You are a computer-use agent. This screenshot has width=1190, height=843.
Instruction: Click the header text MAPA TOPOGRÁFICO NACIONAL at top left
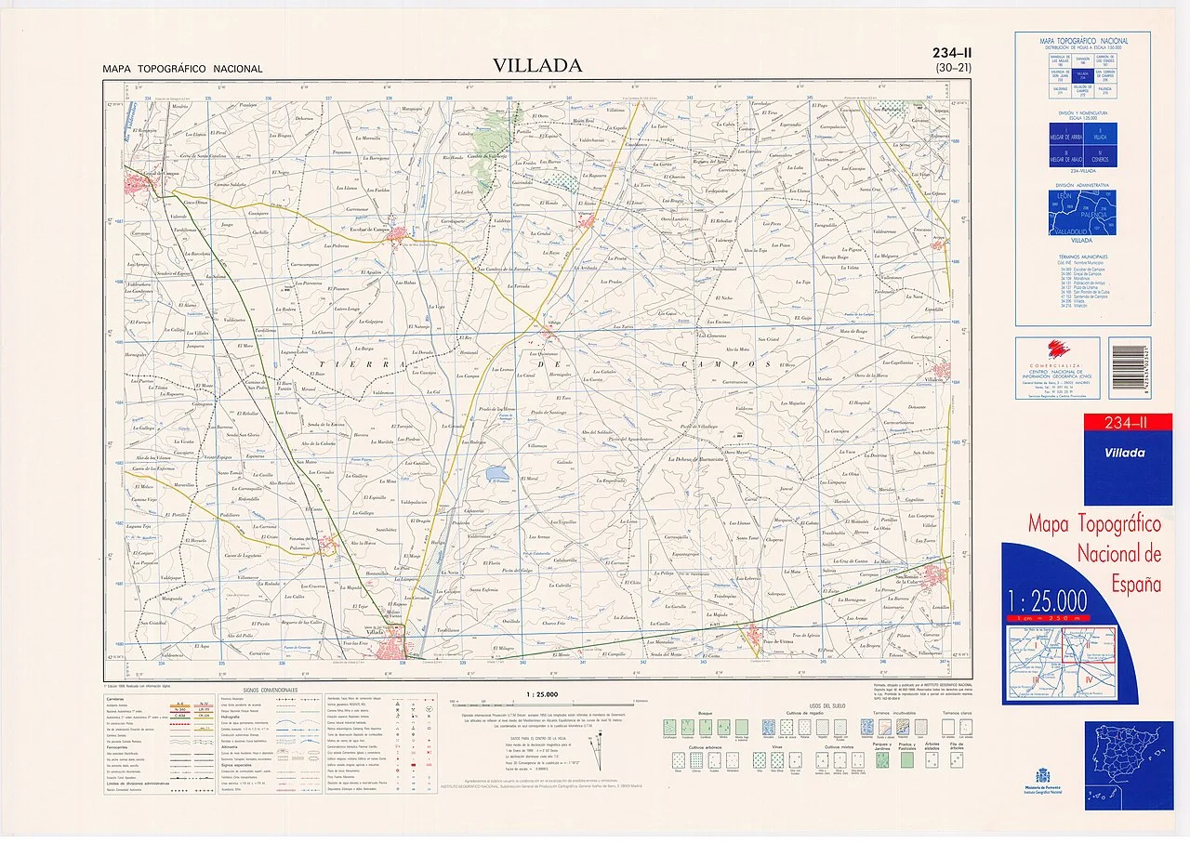click(182, 69)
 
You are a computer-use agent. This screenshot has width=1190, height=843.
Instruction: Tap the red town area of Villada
click(402, 645)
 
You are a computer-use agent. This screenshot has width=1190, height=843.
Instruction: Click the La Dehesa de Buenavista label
click(702, 458)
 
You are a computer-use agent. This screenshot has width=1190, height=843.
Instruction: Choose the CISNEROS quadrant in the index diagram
click(1104, 158)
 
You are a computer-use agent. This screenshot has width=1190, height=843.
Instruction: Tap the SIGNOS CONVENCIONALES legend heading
click(271, 692)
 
